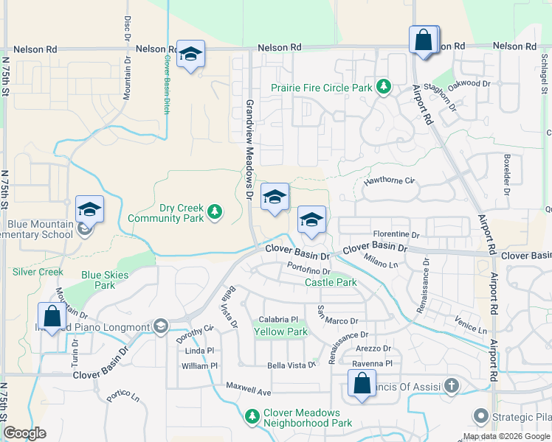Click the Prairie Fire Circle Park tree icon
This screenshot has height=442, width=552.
[383, 88]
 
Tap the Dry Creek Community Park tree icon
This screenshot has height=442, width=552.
[215, 213]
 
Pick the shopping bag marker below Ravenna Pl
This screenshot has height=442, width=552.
[362, 384]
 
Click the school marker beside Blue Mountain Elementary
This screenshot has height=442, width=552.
[89, 209]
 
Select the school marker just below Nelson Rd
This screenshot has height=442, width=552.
[190, 55]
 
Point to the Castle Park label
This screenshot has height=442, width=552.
[331, 282]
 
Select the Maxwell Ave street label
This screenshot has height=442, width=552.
[249, 385]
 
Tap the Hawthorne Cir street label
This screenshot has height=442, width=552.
[390, 180]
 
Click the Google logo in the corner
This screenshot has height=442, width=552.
[25, 433]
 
